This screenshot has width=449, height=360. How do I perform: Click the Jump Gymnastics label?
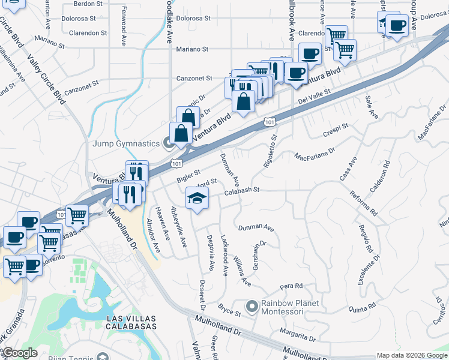(125, 143)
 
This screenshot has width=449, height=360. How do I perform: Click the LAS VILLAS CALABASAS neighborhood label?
(130, 322)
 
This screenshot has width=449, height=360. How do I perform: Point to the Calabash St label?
(242, 190)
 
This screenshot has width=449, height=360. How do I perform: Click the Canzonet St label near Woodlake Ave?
(194, 78)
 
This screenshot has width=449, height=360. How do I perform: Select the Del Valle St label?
(314, 95)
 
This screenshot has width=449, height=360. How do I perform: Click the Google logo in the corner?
(20, 353)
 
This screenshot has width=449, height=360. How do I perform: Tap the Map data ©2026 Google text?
(412, 355)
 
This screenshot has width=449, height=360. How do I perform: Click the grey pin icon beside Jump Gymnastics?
(169, 143)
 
